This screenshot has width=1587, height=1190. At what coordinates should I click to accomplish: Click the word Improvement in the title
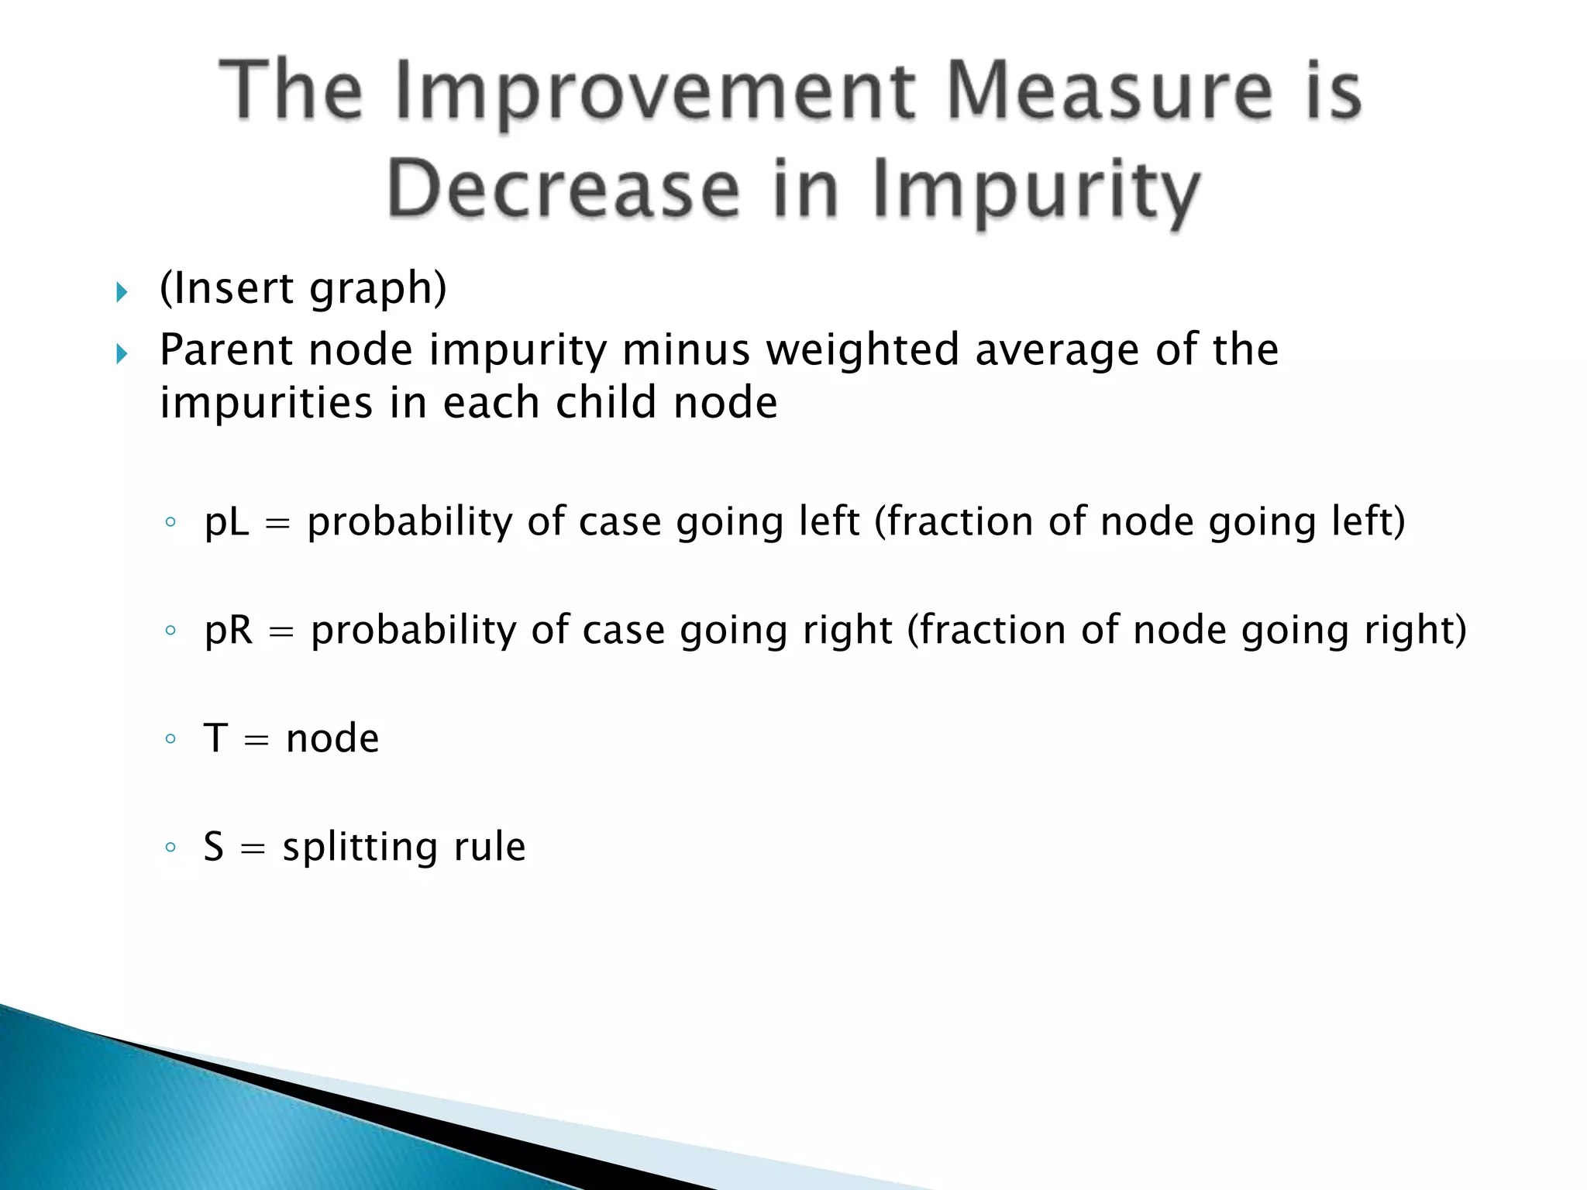click(x=655, y=93)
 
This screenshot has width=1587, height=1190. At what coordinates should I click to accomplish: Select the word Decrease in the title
click(x=563, y=190)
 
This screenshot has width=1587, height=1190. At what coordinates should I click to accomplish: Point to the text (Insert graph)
click(x=303, y=289)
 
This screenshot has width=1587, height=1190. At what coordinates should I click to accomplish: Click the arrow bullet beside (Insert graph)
click(x=122, y=292)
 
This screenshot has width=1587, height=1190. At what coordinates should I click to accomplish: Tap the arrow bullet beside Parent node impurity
click(x=122, y=354)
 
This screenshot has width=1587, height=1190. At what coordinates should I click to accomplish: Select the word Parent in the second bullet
click(x=226, y=350)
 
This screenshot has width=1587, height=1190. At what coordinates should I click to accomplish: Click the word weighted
click(x=862, y=350)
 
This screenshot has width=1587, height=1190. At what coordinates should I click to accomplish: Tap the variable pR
click(x=229, y=631)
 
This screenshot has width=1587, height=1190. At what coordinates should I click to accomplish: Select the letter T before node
click(x=215, y=738)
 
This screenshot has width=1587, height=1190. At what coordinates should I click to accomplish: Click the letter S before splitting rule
click(x=214, y=847)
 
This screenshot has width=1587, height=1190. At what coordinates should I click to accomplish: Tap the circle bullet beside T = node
click(x=170, y=738)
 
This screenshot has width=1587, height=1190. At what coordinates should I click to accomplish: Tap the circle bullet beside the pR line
click(x=170, y=631)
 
